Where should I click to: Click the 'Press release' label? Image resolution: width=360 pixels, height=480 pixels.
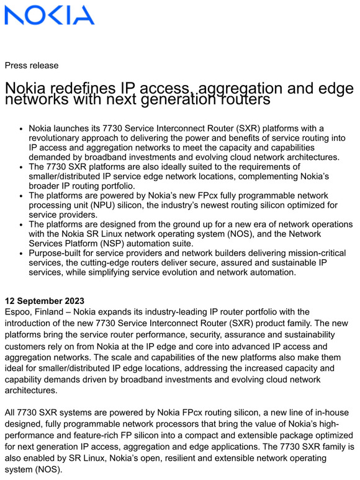[x=32, y=66]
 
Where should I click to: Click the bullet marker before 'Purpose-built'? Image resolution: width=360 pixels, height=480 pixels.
[x=19, y=253]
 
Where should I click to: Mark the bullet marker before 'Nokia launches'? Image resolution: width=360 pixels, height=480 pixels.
[x=19, y=129]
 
